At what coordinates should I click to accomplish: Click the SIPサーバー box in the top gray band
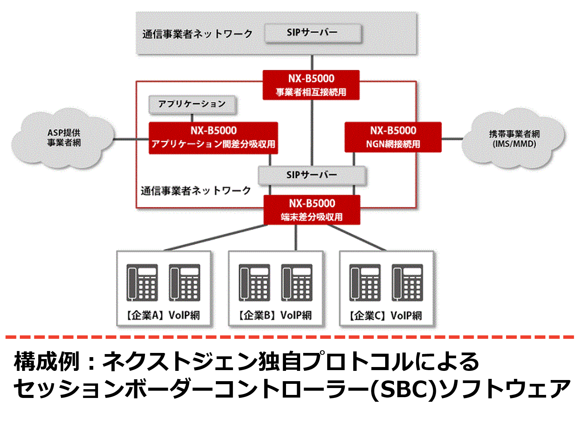[x=313, y=33]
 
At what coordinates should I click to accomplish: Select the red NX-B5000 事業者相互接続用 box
[x=311, y=85]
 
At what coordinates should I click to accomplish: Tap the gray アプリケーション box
[x=192, y=104]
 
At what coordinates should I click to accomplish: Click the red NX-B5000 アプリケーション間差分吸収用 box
[x=213, y=138]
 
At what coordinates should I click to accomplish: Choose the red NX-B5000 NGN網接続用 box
[x=393, y=137]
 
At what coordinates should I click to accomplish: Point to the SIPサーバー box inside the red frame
[x=312, y=175]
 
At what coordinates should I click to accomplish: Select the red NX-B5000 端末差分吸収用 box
[x=312, y=210]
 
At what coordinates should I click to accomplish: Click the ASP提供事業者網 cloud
[x=63, y=138]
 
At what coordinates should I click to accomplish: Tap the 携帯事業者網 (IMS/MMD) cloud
[x=514, y=139]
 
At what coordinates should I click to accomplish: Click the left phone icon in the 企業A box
[x=142, y=283]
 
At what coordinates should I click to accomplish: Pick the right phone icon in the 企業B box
[x=297, y=283]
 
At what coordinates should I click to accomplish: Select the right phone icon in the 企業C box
[x=407, y=283]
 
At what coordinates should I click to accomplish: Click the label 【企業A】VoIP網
[x=163, y=315]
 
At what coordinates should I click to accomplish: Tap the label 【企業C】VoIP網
[x=386, y=316]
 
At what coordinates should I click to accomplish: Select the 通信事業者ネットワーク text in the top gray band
[x=197, y=34]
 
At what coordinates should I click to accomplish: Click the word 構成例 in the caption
[x=46, y=361]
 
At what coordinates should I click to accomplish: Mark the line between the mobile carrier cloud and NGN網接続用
[x=452, y=139]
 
